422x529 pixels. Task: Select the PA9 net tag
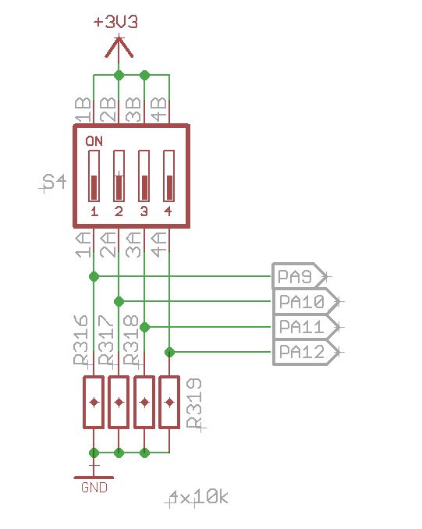[x=297, y=276]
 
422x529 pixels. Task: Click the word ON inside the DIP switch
[x=94, y=141]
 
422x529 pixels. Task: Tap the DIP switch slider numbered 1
[x=94, y=176]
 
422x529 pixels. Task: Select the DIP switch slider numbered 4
[x=168, y=176]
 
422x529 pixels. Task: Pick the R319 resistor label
[x=195, y=403]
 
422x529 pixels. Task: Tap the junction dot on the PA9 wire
[x=94, y=276]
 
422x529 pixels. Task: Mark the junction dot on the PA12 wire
[x=168, y=352]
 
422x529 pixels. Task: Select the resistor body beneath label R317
[x=119, y=402]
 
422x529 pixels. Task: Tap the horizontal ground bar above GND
[x=94, y=477]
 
